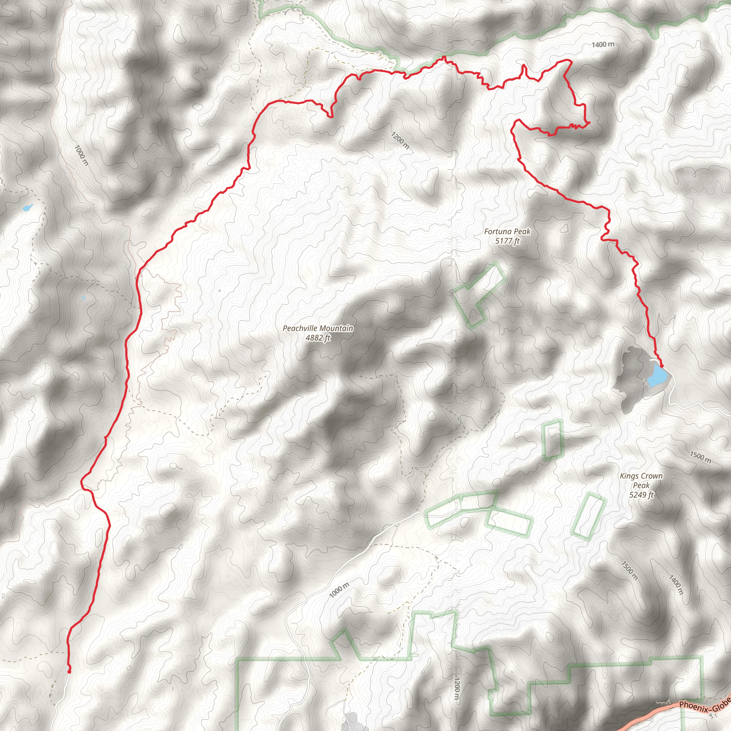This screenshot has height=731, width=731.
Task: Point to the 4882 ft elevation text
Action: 318,338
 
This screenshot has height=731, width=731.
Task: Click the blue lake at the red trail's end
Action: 657,376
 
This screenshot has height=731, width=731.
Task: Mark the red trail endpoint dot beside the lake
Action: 661,366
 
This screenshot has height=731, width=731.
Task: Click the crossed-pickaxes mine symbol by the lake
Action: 645,383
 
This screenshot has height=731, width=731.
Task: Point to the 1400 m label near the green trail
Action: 603,45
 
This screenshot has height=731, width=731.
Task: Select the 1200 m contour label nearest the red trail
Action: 400,140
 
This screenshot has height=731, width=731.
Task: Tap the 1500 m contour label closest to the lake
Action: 700,457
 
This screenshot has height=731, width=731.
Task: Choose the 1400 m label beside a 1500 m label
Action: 675,584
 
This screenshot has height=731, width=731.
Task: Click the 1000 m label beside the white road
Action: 339,590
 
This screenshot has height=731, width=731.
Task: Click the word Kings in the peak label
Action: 629,476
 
